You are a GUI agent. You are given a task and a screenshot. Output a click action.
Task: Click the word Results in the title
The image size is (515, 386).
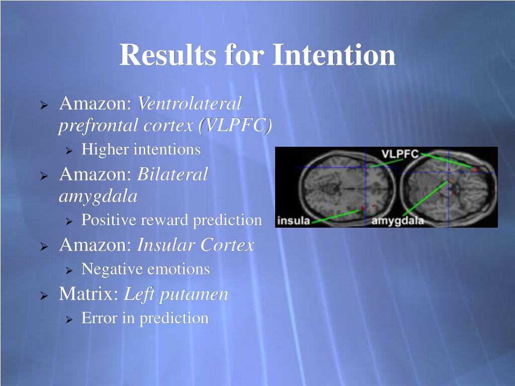tap(167, 54)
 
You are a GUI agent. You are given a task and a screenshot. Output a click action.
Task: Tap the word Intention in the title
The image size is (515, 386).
tap(334, 54)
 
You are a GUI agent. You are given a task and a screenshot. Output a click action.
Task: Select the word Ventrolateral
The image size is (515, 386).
tap(190, 103)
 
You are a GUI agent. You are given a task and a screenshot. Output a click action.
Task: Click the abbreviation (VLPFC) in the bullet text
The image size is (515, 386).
tap(235, 125)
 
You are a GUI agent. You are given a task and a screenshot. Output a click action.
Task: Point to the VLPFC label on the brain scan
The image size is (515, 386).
tap(400, 154)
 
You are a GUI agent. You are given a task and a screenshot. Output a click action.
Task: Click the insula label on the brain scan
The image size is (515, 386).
tap(294, 220)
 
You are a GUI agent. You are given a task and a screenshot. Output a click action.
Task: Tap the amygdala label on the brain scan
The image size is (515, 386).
tap(397, 221)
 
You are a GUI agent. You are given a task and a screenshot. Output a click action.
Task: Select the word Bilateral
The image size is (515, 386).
tap(173, 174)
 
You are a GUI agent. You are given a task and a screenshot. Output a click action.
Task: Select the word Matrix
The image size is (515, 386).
tap(89, 294)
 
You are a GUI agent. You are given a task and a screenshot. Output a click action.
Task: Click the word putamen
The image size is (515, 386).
tap(194, 295)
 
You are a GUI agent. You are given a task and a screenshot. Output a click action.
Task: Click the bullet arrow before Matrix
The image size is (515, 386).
tap(44, 296)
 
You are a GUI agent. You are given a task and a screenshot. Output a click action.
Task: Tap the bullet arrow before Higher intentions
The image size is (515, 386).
tap(68, 151)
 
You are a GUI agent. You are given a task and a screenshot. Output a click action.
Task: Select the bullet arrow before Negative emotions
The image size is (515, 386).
tap(68, 271)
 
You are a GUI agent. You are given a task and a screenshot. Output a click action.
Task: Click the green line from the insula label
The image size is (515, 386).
tap(335, 217)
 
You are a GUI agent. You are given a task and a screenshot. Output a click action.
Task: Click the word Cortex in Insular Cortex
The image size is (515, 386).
tap(227, 245)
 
